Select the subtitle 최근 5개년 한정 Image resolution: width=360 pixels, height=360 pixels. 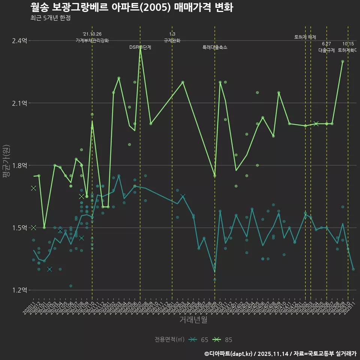[x=50, y=18]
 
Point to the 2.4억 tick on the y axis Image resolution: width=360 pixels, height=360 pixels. [x=19, y=40]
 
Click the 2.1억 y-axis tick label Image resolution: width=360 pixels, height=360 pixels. [x=19, y=103]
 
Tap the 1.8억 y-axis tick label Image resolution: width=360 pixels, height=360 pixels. [x=19, y=165]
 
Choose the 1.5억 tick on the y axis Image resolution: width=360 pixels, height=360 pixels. [x=19, y=228]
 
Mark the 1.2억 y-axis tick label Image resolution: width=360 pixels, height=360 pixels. [x=19, y=290]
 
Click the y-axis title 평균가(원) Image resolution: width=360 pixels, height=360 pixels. [x=6, y=165]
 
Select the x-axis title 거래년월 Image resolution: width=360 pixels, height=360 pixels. [x=193, y=319]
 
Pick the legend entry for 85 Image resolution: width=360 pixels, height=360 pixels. [x=222, y=340]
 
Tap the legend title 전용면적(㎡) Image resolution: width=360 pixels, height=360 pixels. [x=169, y=340]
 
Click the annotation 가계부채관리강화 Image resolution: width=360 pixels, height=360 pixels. [x=92, y=40]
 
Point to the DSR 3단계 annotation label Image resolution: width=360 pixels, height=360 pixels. [x=140, y=47]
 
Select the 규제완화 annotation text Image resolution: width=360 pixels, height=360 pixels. [x=172, y=40]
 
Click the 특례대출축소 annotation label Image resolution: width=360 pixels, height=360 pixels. [x=215, y=47]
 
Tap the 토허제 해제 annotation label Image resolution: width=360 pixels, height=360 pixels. [x=305, y=37]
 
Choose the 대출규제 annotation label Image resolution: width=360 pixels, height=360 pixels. [x=327, y=50]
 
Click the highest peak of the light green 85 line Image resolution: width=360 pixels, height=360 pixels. [x=140, y=47]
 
